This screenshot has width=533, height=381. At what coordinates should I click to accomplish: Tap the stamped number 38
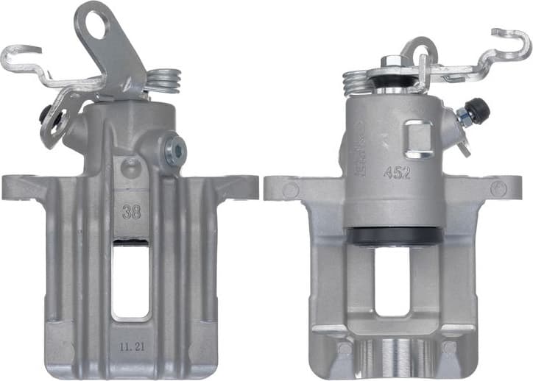pyautogui.click(x=132, y=212)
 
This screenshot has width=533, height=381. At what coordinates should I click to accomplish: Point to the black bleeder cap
pyautogui.click(x=480, y=110)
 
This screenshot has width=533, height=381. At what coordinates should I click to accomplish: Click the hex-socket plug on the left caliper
pyautogui.click(x=176, y=152)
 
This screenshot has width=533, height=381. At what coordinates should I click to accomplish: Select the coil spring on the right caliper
pyautogui.click(x=360, y=79)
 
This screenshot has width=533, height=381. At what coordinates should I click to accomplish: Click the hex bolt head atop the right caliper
pyautogui.click(x=391, y=63)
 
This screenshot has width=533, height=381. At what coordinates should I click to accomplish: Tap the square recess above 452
pyautogui.click(x=419, y=139)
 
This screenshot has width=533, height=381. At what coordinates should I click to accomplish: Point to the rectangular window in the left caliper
pyautogui.click(x=130, y=279)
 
